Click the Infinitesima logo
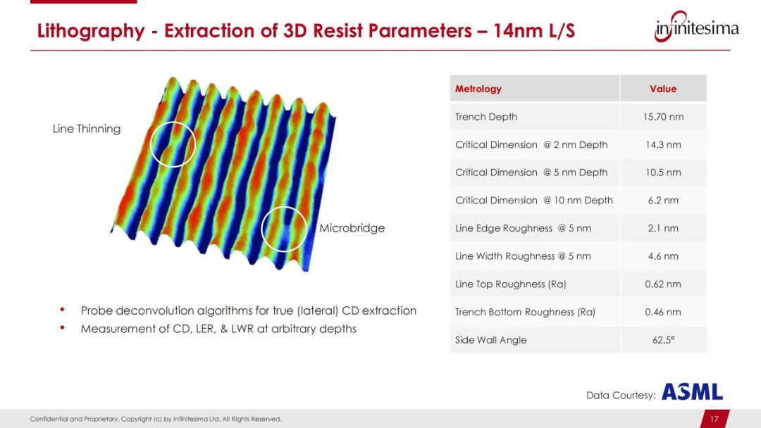coord(697,27)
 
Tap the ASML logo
coord(692,391)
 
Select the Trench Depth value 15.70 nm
coord(663,117)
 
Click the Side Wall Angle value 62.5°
coord(663,340)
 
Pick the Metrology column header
coord(478,89)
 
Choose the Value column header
coord(663,89)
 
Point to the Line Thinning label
coord(87,129)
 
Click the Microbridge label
coord(352,228)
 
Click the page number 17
coord(714,419)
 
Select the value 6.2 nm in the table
coord(663,200)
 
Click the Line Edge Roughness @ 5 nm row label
coord(523,228)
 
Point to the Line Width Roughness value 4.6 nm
coord(663,256)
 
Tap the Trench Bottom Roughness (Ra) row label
coord(525,312)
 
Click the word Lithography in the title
coord(91,31)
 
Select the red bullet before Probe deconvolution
coord(62,309)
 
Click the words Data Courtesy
coord(621,395)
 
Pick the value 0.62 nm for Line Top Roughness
coord(663,284)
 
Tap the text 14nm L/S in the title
coord(534,30)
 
